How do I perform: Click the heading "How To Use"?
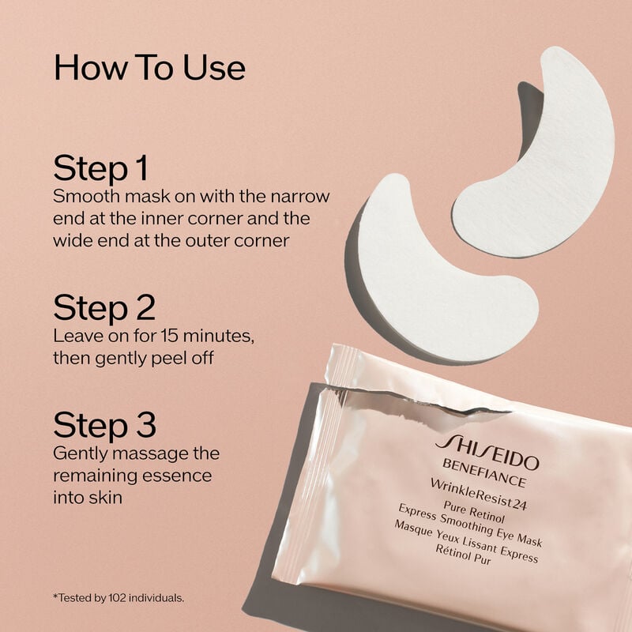pos(149,68)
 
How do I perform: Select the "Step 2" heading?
pos(104,307)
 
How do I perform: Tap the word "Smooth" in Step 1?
pos(80,196)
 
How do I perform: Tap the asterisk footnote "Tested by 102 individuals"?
pos(118,598)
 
